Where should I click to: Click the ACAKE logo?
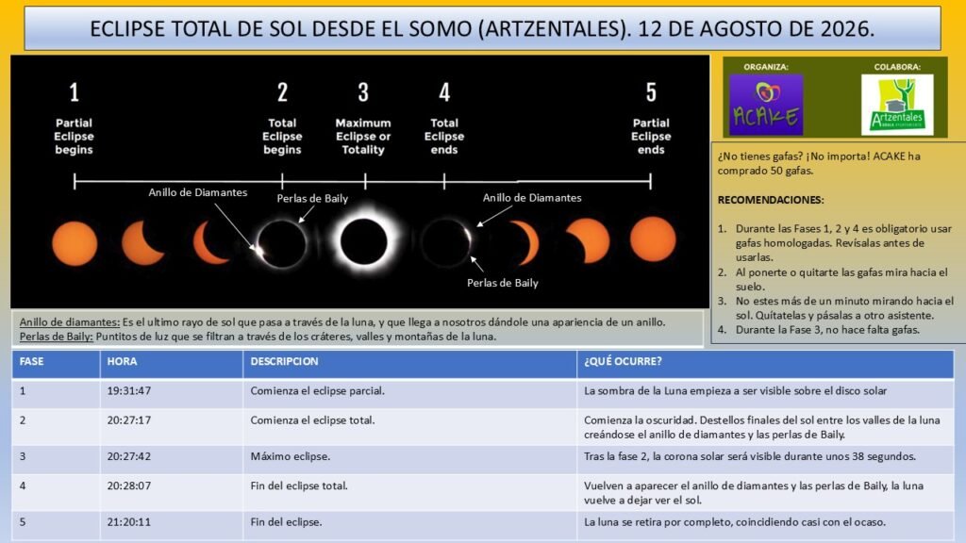766,105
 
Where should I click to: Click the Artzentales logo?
897,105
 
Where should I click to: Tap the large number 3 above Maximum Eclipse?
363,92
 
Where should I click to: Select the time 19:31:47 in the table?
128,391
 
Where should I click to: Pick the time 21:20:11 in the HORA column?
128,522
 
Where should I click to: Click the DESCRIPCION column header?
284,361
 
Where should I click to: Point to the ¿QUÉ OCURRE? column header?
623,361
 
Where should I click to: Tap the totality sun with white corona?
363,241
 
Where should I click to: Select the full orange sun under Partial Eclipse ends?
653,239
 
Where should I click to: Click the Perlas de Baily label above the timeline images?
312,199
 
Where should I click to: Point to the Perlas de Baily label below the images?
503,283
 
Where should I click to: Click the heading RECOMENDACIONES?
771,200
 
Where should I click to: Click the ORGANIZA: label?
766,67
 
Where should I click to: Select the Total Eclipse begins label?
282,136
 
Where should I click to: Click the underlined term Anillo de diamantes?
70,322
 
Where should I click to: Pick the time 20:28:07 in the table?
128,485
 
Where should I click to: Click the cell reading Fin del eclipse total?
299,485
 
